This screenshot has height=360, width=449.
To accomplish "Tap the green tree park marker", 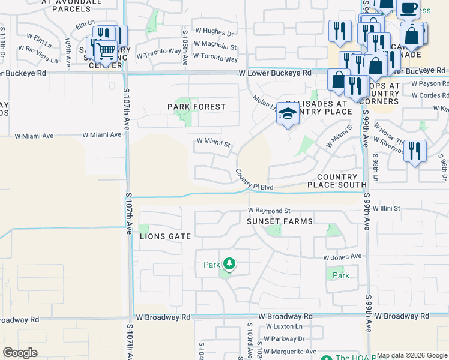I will (228, 264).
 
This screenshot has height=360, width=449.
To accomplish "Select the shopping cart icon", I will (106, 52).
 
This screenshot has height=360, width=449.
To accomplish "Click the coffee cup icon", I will (409, 8).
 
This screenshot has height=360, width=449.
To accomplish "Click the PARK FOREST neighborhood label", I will (197, 107).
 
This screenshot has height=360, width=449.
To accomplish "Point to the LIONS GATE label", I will (165, 236).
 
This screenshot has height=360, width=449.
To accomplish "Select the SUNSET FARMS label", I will (280, 221).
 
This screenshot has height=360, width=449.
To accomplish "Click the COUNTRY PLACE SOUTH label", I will (341, 181).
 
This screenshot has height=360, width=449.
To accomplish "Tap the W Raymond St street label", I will (270, 211).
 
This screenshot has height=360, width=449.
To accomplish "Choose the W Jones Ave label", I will (342, 257).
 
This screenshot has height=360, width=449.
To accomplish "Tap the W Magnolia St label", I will (210, 46).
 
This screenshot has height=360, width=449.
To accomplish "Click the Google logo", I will (20, 353).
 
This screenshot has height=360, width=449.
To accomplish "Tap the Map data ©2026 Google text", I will (411, 355).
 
